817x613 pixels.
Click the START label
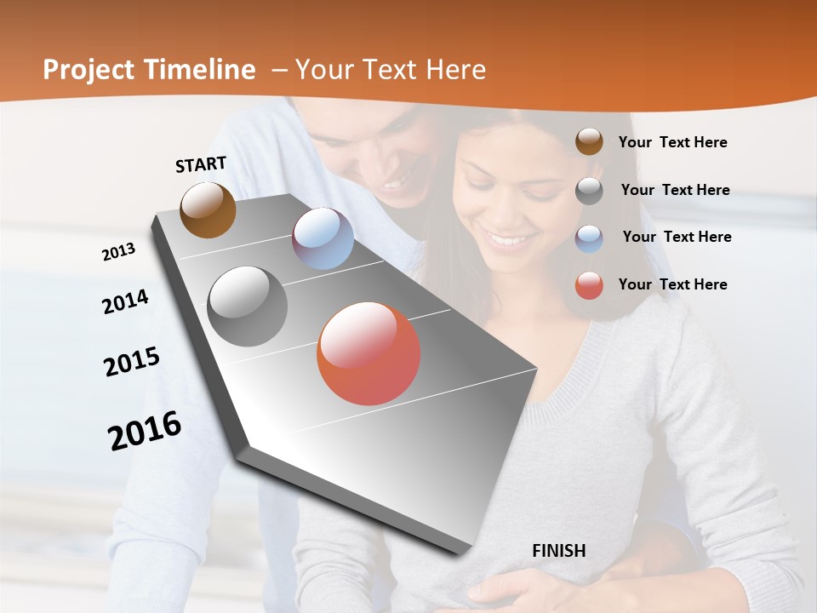201,164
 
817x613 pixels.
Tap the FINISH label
558,551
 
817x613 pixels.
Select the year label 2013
118,251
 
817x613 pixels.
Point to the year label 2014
125,301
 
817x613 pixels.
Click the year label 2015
132,362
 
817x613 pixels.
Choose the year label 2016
145,430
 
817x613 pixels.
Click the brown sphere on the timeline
208,209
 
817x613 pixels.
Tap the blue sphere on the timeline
323,238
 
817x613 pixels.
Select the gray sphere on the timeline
247,306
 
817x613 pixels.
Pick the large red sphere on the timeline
369,353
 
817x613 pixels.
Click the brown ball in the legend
589,141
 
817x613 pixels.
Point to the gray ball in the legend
589,190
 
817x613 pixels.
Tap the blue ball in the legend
589,238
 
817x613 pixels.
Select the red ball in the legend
589,285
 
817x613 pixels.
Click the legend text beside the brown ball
672,142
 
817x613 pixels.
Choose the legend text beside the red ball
672,284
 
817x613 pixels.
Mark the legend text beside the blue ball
677,237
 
